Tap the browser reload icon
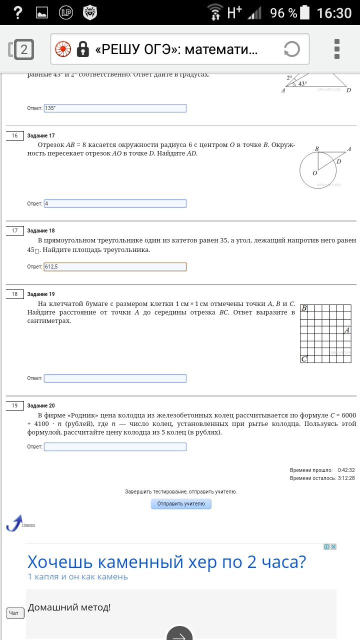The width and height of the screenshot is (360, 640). click(x=291, y=49)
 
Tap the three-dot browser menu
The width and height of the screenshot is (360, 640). click(x=337, y=49)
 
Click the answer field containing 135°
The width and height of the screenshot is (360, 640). click(x=115, y=108)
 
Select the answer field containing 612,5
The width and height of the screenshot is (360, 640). click(x=115, y=267)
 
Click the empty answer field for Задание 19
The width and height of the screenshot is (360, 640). click(x=115, y=378)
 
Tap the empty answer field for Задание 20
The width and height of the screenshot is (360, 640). click(x=115, y=446)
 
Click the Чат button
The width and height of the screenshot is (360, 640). click(x=15, y=613)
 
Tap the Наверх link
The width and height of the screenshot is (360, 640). click(x=28, y=524)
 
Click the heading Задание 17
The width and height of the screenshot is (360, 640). click(x=41, y=135)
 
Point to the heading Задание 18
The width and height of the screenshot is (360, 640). click(x=41, y=230)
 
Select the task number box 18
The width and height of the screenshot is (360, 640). click(x=14, y=294)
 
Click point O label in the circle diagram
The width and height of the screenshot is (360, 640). click(x=315, y=173)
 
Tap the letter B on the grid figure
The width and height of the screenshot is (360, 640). click(x=304, y=308)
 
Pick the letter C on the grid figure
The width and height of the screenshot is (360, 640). click(x=303, y=359)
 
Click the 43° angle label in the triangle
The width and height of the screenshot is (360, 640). click(x=302, y=84)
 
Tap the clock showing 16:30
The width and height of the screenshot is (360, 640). click(x=334, y=12)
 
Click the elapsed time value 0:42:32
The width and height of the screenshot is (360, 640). click(x=346, y=470)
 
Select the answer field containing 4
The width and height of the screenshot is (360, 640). click(x=115, y=203)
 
